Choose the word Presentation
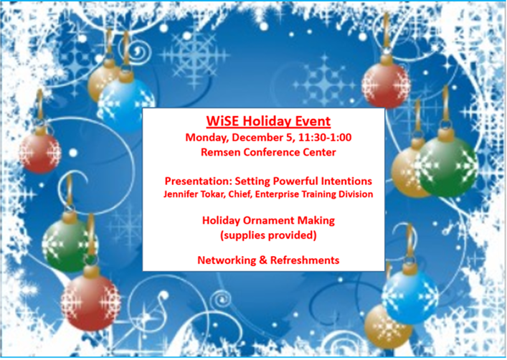[198, 181]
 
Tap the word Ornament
[269, 220]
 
